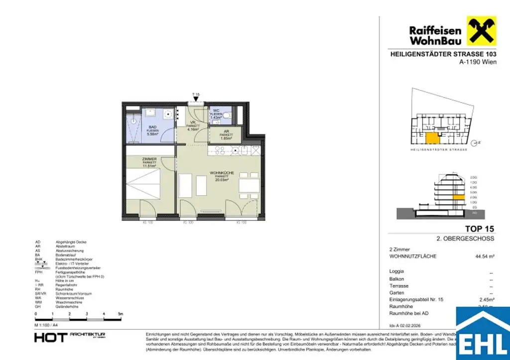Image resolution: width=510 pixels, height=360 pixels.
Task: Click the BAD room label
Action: [152, 128]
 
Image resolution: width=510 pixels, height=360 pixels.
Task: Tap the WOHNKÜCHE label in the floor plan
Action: [222, 172]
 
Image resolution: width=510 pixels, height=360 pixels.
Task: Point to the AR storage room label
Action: [227, 132]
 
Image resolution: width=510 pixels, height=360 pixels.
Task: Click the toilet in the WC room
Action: [228, 116]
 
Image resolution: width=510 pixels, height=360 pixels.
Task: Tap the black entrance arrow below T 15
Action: [196, 100]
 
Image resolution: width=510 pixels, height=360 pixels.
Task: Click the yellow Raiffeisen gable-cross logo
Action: [481, 31]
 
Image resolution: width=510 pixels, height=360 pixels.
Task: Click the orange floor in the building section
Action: [459, 197]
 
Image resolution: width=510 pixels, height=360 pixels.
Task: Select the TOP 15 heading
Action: [479, 229]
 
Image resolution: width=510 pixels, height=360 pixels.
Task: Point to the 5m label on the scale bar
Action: [120, 314]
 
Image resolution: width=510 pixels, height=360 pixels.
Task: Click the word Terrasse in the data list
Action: [398, 286]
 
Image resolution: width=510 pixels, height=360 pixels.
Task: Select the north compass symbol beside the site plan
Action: [477, 142]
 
